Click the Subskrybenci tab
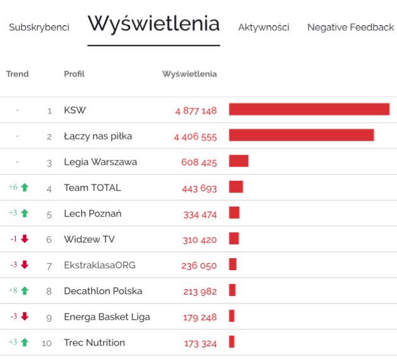[39, 28]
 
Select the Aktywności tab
[263, 28]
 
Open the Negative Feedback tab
[350, 28]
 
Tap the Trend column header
[18, 74]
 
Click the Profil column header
[74, 74]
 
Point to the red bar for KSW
[309, 110]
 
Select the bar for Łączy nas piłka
[302, 136]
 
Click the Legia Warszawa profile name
[101, 162]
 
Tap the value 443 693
[199, 188]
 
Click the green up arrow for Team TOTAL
[25, 187]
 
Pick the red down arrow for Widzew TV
[24, 239]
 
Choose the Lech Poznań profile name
[92, 214]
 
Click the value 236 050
[199, 265]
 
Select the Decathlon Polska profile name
[103, 291]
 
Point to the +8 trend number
[13, 290]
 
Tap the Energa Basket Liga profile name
[107, 317]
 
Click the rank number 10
[47, 343]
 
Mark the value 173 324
[200, 343]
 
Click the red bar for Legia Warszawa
[239, 161]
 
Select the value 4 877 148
[196, 111]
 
